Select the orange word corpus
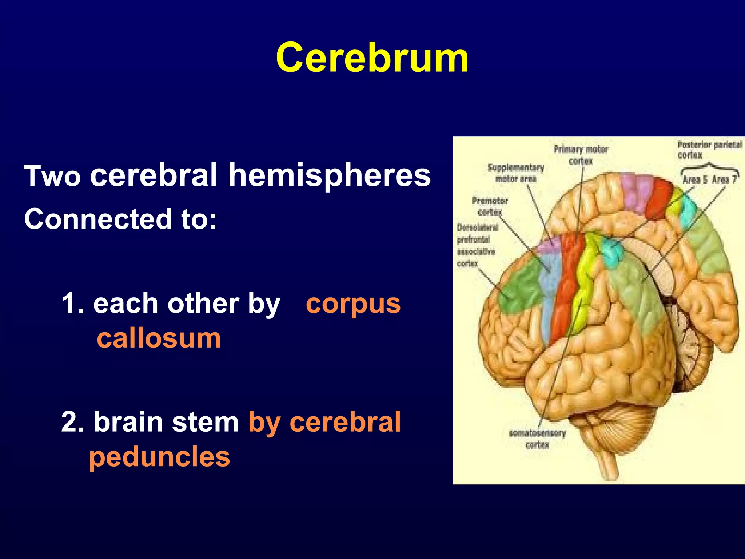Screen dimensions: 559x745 click(353, 304)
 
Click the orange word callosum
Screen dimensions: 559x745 click(159, 338)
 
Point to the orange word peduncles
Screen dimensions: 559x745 click(159, 457)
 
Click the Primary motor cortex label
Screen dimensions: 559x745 click(581, 155)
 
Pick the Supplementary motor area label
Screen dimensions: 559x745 click(516, 173)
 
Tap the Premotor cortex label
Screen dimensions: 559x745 click(490, 206)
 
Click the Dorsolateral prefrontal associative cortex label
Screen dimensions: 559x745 click(476, 245)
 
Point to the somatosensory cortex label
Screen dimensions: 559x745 click(537, 439)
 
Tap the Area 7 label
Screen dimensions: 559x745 click(724, 179)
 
